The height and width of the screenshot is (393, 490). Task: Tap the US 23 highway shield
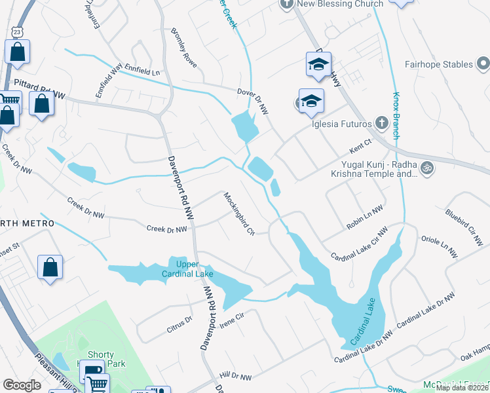point(16,31)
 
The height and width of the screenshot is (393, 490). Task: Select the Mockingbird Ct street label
point(238,212)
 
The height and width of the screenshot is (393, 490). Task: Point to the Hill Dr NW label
point(236,377)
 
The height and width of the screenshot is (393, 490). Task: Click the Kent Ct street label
point(361,142)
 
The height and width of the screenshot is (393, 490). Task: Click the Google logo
point(22,385)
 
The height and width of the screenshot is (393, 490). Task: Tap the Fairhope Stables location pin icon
point(483,64)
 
